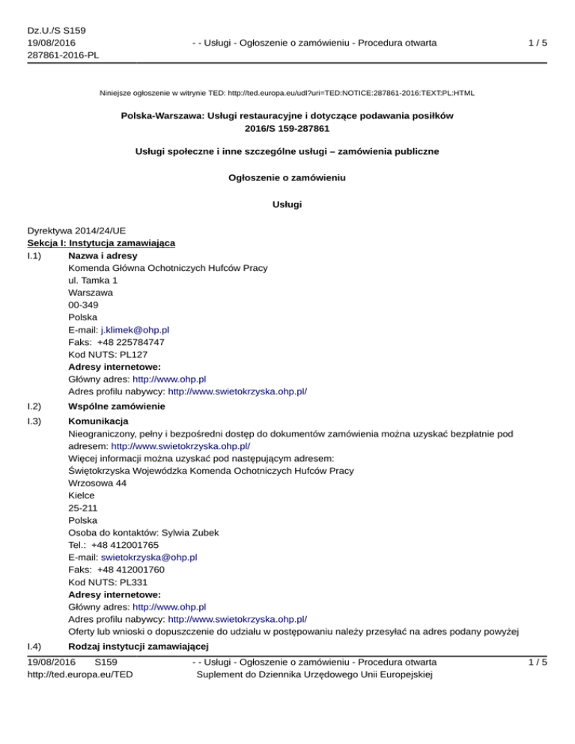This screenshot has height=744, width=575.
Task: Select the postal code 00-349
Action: point(82,305)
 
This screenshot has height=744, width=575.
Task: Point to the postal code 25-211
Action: point(82,507)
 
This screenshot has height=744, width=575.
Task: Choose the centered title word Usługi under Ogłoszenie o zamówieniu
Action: point(287,204)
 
